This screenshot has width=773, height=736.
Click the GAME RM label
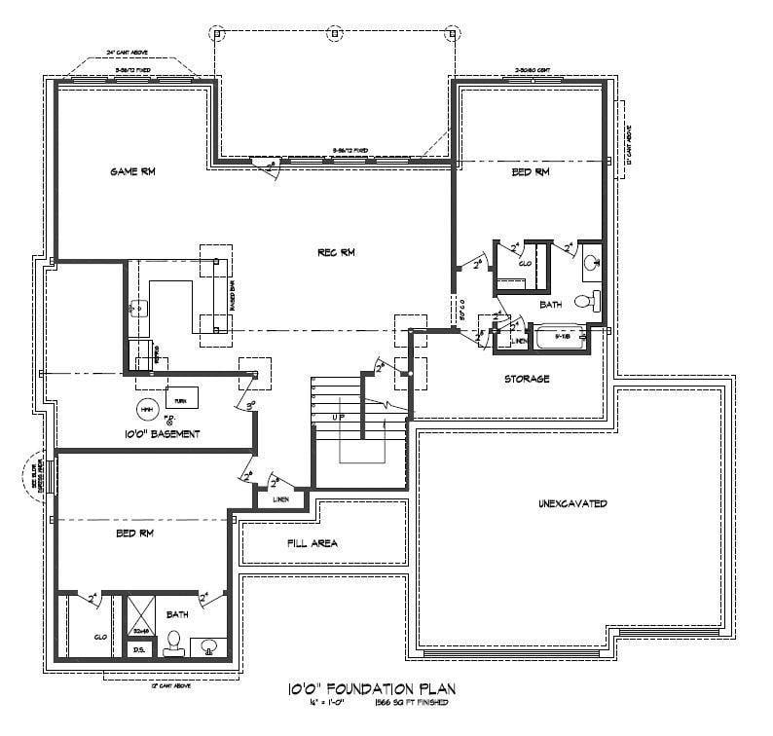click(132, 171)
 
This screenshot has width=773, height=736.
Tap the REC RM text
click(336, 253)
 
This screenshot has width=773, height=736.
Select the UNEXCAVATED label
click(572, 503)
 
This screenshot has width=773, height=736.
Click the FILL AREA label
click(313, 543)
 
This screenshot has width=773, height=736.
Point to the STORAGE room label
click(527, 378)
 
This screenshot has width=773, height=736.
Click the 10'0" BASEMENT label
click(162, 434)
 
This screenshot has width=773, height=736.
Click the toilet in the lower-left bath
click(175, 641)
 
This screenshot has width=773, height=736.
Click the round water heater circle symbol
click(146, 407)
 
